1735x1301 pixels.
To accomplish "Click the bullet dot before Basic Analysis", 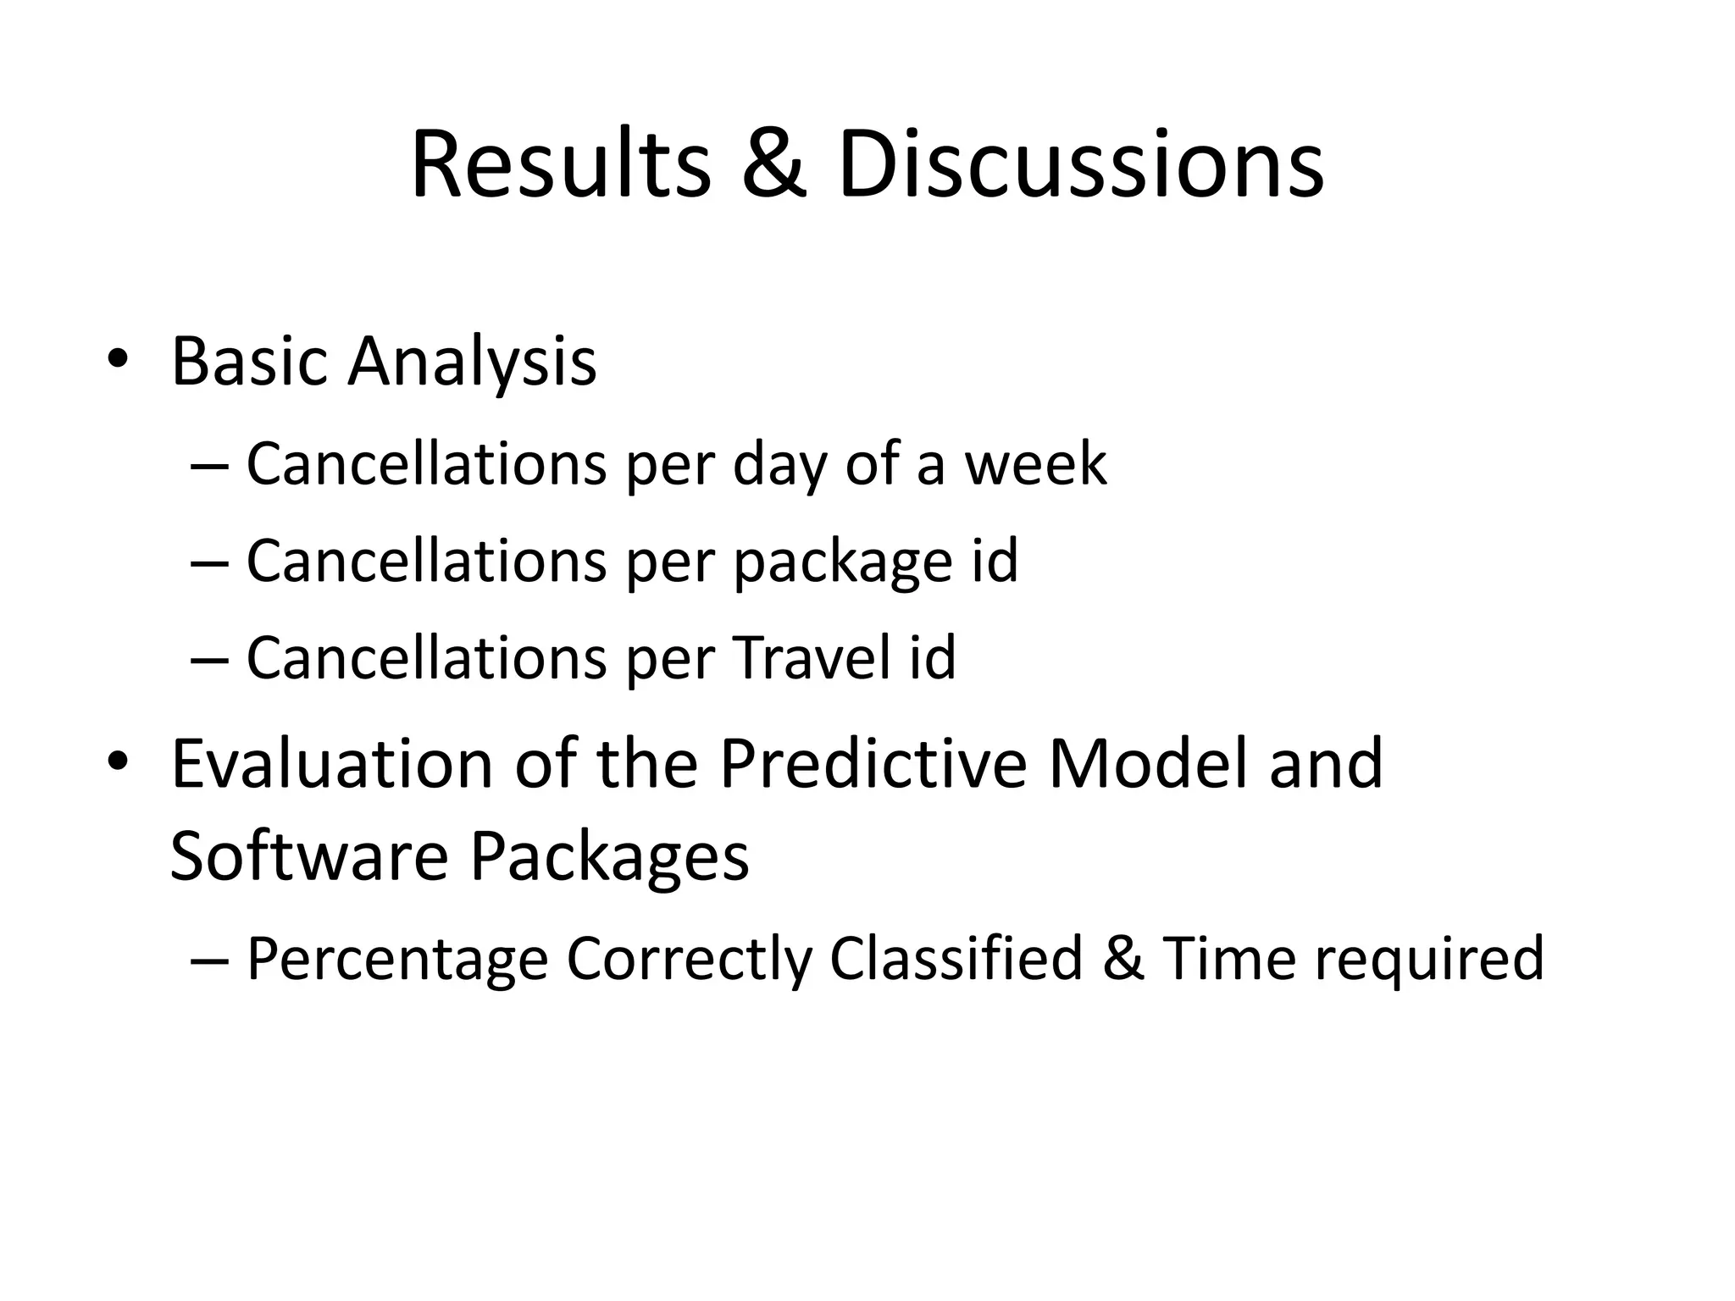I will [118, 360].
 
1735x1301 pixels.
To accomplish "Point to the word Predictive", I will [873, 764].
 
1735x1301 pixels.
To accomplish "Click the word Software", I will [308, 856].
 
